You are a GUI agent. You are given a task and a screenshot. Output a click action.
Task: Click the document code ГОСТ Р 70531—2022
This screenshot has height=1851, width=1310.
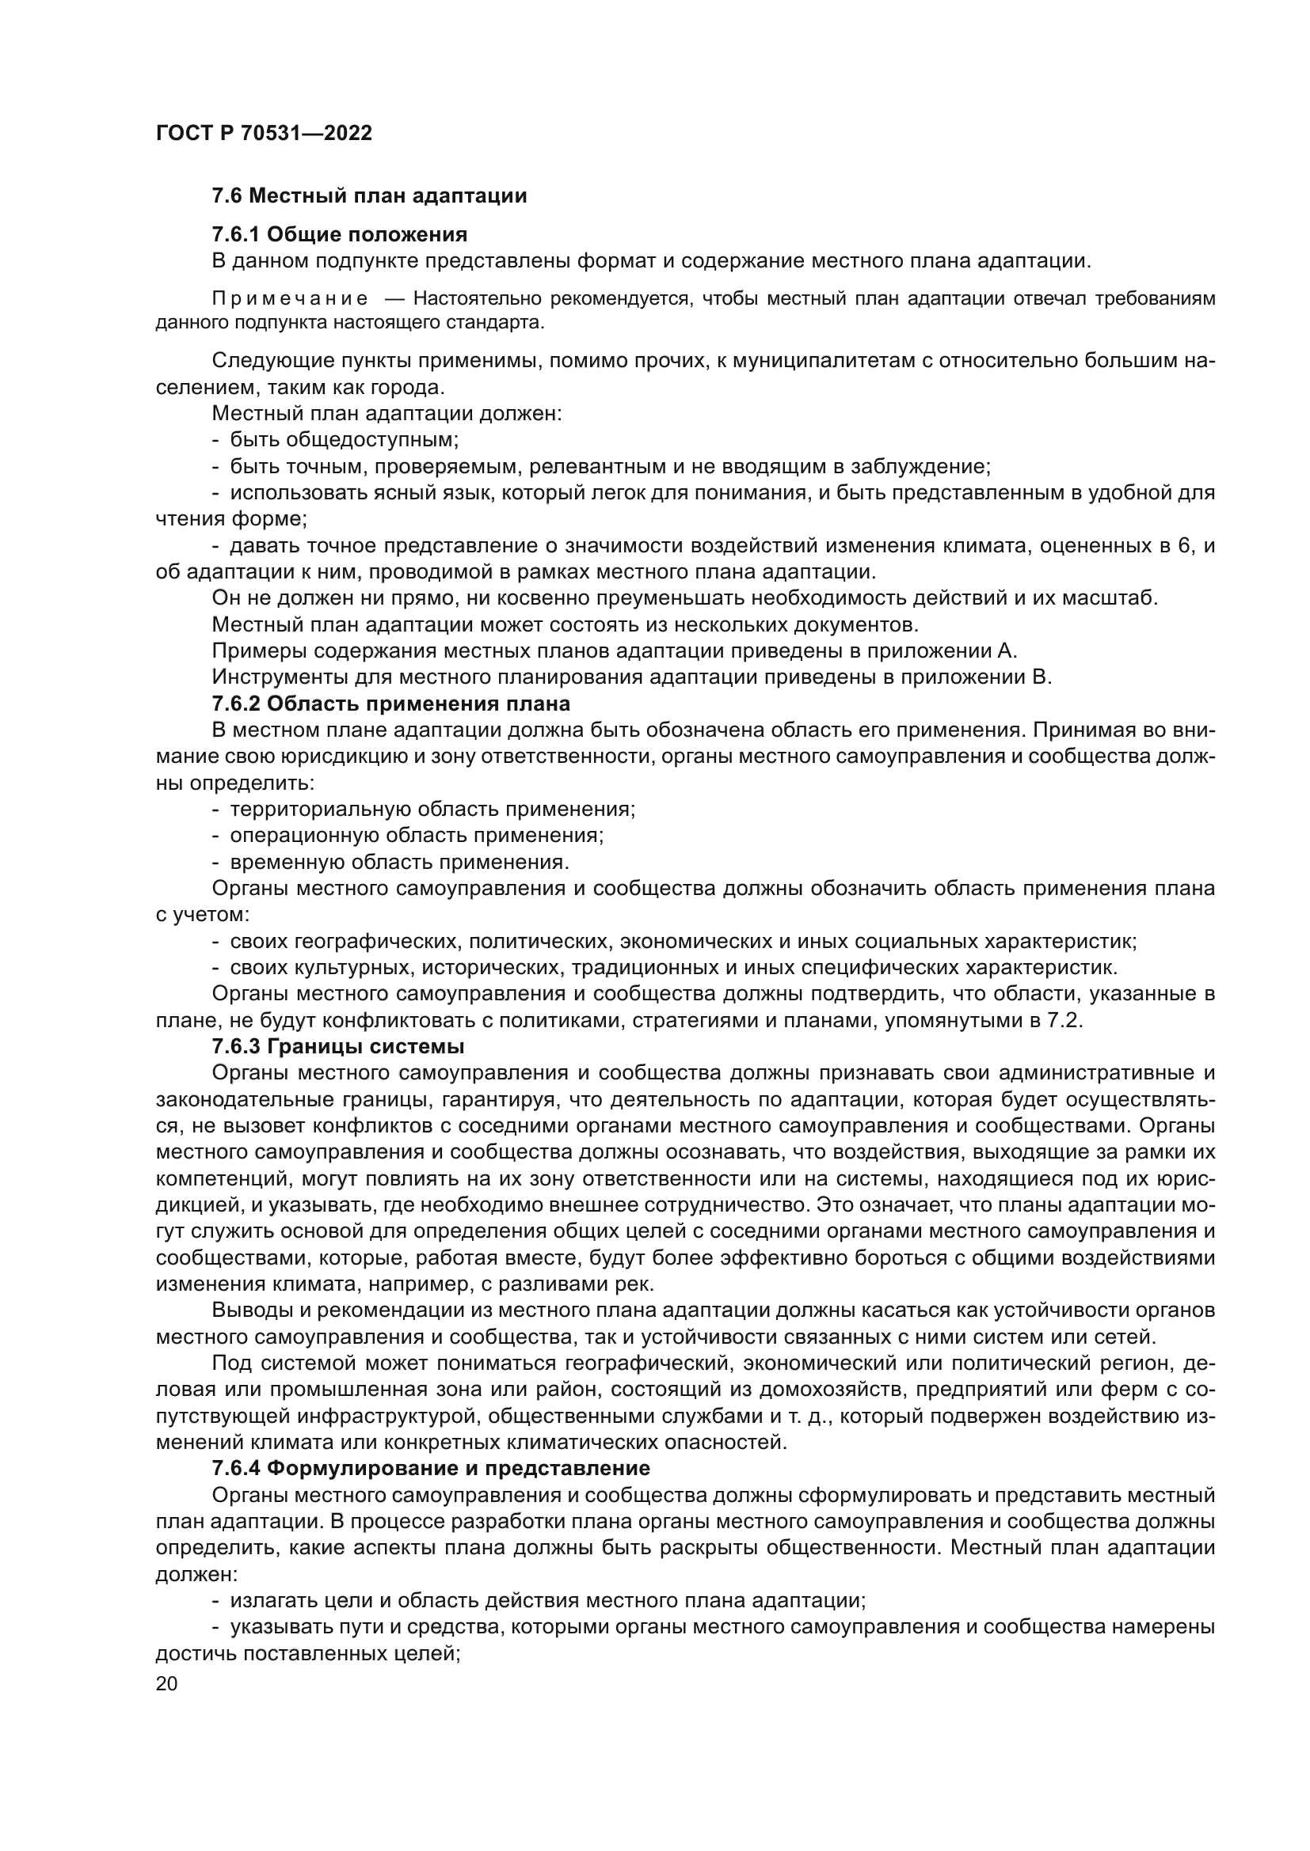(264, 134)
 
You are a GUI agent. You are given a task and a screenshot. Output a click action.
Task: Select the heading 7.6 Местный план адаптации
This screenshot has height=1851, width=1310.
(368, 196)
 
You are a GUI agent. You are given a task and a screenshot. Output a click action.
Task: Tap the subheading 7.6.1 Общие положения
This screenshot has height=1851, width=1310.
(340, 234)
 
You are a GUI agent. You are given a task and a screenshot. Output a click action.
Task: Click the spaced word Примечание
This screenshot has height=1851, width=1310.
(290, 299)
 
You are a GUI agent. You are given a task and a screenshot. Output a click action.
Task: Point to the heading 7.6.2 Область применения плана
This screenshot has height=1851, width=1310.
(390, 704)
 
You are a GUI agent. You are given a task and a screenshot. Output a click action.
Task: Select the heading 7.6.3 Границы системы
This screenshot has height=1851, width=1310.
(338, 1047)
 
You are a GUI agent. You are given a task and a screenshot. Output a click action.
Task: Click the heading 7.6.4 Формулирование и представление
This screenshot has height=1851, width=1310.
(431, 1468)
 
